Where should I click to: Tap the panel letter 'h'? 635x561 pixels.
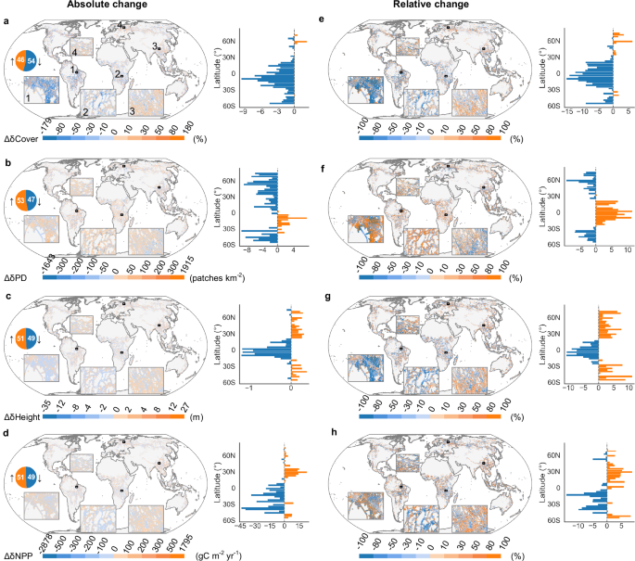(x=331, y=420)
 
